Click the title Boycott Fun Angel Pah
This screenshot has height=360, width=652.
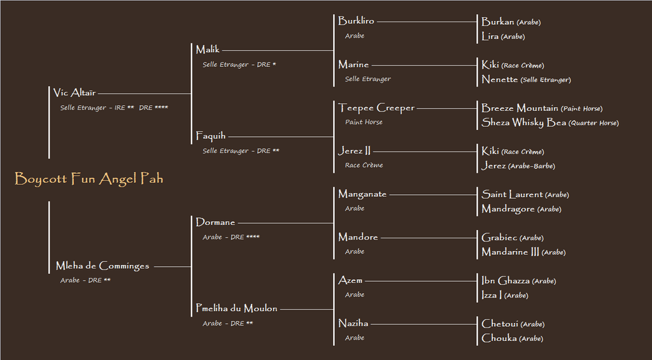click(89, 179)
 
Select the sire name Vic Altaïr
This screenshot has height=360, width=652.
click(74, 93)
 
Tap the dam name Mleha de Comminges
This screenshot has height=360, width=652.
click(103, 266)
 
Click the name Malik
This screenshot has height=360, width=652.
click(208, 50)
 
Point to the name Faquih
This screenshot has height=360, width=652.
click(211, 136)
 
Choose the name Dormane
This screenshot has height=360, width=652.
click(215, 222)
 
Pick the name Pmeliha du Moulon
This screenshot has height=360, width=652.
click(237, 308)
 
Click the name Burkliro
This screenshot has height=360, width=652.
click(356, 21)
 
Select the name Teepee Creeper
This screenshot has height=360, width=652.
click(376, 108)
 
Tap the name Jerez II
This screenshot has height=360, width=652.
click(354, 150)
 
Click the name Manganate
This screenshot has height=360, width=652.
click(362, 194)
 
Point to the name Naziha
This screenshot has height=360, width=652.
click(353, 324)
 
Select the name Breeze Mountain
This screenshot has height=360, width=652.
click(520, 108)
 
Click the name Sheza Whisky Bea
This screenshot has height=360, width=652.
click(524, 122)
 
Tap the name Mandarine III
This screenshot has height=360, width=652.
click(510, 252)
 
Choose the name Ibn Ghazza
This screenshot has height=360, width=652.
click(506, 280)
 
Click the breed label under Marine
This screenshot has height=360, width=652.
click(368, 79)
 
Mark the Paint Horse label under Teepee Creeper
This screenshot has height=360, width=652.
click(364, 122)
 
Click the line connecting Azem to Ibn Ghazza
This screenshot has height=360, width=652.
click(421, 282)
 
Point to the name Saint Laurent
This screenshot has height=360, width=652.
click(512, 194)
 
